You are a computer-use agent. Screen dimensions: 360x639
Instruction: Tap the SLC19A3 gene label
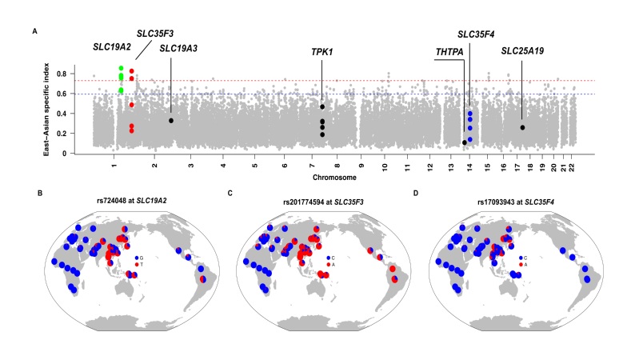pyautogui.click(x=180, y=49)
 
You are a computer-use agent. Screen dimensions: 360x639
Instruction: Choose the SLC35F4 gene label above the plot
pyautogui.click(x=477, y=34)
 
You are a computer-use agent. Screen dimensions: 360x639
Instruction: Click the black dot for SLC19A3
pyautogui.click(x=171, y=121)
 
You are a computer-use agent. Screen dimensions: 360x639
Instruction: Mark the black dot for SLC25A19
pyautogui.click(x=522, y=127)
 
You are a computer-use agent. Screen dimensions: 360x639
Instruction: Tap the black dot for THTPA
pyautogui.click(x=464, y=142)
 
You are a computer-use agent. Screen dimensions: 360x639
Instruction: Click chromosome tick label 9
pyautogui.click(x=360, y=163)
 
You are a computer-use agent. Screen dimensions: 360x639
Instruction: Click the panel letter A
pyautogui.click(x=34, y=31)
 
